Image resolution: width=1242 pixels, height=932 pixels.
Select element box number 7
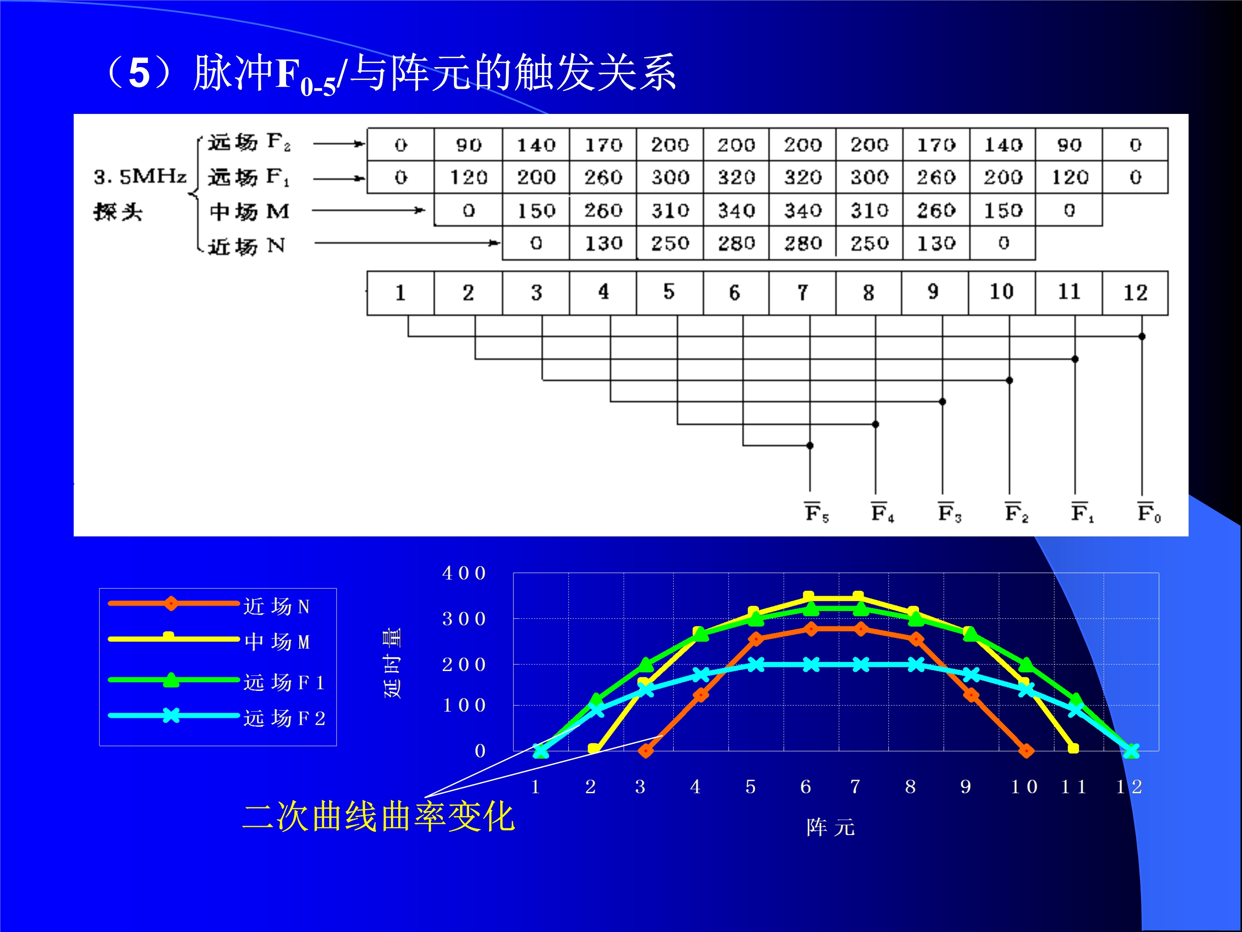tap(802, 293)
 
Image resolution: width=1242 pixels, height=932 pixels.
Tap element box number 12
tap(1135, 293)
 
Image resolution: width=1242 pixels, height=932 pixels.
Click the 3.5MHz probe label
tap(140, 194)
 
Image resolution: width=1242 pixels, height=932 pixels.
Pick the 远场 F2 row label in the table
tap(249, 142)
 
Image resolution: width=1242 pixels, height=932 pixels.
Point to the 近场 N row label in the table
tap(246, 246)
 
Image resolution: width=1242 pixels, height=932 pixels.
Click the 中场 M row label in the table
tap(249, 211)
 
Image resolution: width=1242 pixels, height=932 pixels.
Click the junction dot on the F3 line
tap(943, 402)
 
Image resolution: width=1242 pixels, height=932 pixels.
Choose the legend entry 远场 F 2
tap(284, 718)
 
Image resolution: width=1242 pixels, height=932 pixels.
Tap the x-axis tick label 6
tap(805, 787)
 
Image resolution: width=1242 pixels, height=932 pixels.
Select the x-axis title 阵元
tap(830, 827)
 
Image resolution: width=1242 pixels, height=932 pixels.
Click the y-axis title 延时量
tap(392, 663)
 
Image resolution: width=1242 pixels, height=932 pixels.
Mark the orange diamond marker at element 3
tap(646, 751)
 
